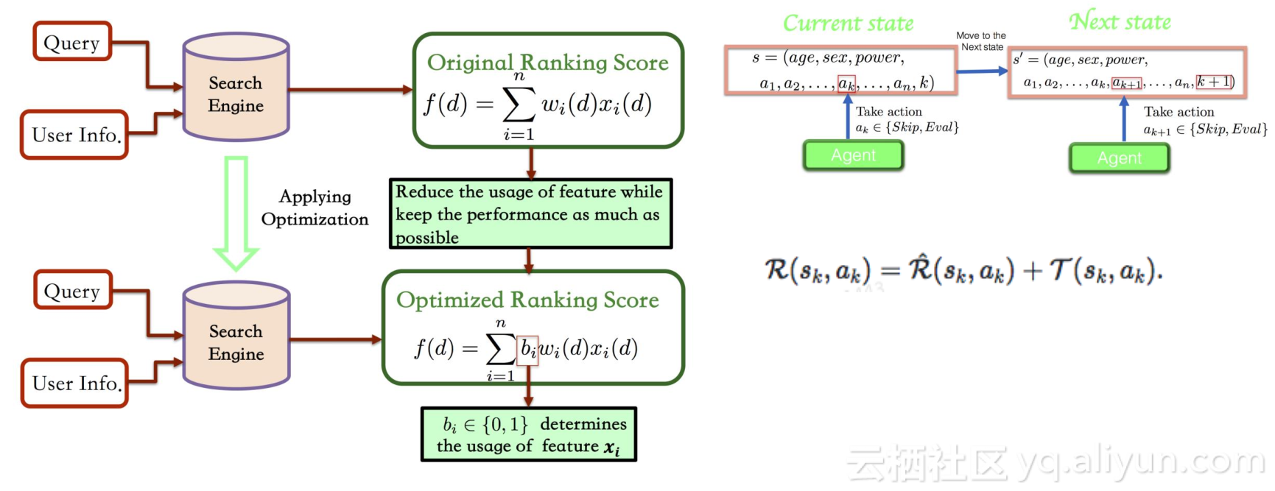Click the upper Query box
point(72,42)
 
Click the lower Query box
point(72,290)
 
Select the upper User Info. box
point(75,135)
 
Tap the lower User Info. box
point(75,383)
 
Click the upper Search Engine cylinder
point(236,87)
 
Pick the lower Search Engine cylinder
point(236,336)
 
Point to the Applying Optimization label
point(315,208)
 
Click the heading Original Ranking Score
point(548,63)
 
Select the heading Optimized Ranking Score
point(527,300)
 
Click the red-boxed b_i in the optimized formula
point(528,348)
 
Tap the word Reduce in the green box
point(424,191)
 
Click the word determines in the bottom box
point(583,424)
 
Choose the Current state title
point(848,24)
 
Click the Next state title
point(1120,21)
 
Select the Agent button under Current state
point(854,155)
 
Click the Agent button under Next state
point(1120,158)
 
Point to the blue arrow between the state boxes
point(983,71)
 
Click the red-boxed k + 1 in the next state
point(1215,82)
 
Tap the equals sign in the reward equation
point(890,271)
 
